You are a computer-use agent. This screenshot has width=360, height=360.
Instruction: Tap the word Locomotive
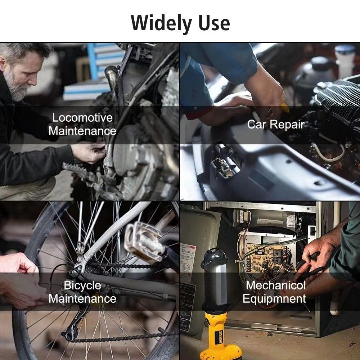[82, 118]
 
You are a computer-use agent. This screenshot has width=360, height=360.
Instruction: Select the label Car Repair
[276, 125]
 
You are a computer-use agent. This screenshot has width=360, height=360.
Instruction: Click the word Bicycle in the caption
[82, 285]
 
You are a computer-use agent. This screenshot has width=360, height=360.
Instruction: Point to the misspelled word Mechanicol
[276, 285]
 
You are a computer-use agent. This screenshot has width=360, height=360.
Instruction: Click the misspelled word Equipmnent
[274, 299]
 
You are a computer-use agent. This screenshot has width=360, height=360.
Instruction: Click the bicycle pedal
[144, 240]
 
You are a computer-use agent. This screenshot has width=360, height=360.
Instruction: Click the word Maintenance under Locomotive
[82, 131]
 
